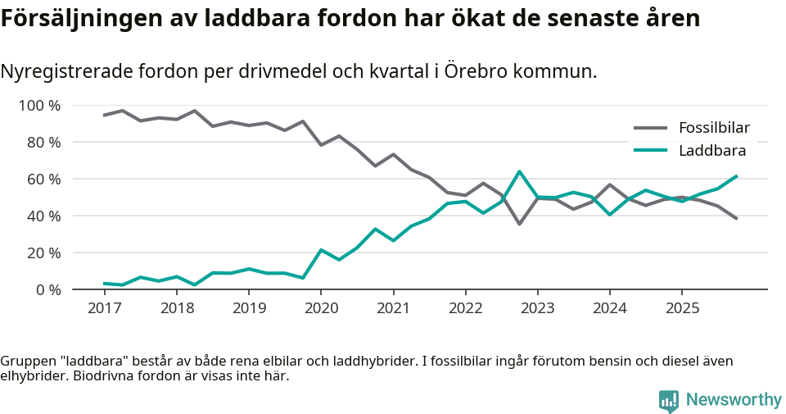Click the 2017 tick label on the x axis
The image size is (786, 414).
[x=104, y=309]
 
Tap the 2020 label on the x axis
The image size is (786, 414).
[x=321, y=309]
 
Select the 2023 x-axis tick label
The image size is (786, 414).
[x=537, y=309]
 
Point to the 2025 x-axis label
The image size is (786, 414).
[x=682, y=309]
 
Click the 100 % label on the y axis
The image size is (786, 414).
[x=40, y=106]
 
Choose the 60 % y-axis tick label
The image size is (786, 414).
[x=44, y=180]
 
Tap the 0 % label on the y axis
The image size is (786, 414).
[x=47, y=290]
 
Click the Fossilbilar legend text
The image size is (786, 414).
[x=714, y=128]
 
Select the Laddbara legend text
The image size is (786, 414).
[x=711, y=150]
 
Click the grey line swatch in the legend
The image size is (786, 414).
[x=651, y=128]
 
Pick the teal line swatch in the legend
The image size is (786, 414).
[x=651, y=150]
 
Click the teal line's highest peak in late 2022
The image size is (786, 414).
[x=519, y=171]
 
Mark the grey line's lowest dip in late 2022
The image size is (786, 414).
[x=519, y=224]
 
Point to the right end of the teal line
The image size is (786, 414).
[x=737, y=175]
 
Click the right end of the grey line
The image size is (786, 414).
[x=737, y=219]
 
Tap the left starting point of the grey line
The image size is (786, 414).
[x=104, y=116]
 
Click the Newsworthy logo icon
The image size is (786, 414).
[x=669, y=400]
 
